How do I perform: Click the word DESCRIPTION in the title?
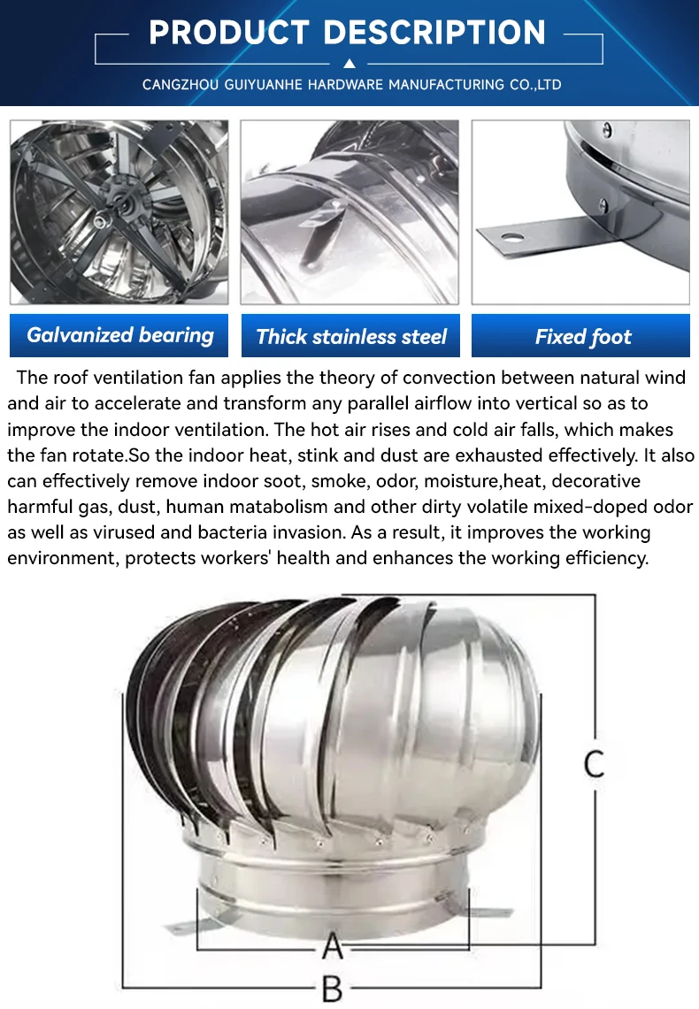434,33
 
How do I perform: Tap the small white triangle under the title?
349,63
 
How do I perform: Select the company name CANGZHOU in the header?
180,85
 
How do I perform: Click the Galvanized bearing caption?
119,335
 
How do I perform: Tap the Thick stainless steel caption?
350,336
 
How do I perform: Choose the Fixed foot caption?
582,336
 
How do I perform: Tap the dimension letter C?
594,763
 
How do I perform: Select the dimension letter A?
332,947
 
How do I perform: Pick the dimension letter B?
332,989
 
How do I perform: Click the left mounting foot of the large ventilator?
188,922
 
